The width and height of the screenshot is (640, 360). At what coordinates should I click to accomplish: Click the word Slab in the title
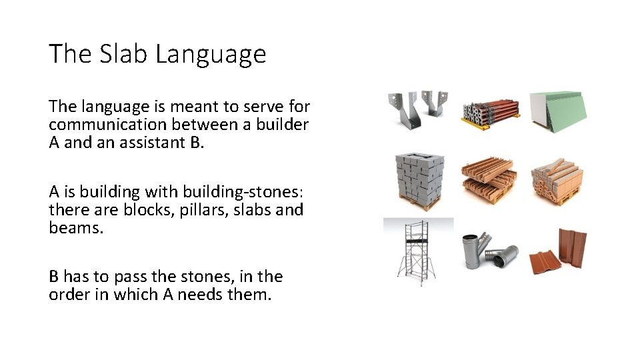pyautogui.click(x=125, y=54)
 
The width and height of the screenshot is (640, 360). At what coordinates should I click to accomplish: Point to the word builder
pyautogui.click(x=281, y=125)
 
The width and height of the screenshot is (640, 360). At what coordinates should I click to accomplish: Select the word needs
pyautogui.click(x=201, y=294)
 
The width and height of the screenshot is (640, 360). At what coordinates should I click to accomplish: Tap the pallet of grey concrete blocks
pyautogui.click(x=419, y=181)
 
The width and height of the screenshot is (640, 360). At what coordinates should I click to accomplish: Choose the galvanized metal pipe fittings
pyautogui.click(x=489, y=251)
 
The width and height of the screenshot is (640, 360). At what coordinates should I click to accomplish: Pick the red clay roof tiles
pyautogui.click(x=559, y=251)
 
